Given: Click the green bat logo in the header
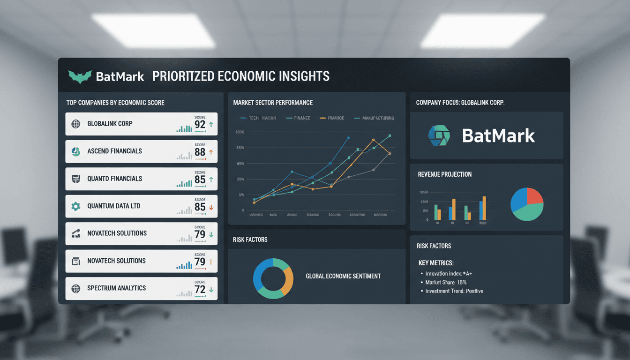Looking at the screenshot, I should tap(80, 76).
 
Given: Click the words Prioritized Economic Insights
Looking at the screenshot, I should tap(241, 76).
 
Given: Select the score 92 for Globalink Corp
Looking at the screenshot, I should tap(200, 125).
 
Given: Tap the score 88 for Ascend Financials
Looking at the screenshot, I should tap(200, 152).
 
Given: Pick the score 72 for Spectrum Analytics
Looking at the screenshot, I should tap(200, 289).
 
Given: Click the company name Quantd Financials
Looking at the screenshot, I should tap(115, 179).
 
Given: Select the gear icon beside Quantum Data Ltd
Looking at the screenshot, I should tap(75, 206).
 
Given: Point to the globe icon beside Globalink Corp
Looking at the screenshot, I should tap(75, 124).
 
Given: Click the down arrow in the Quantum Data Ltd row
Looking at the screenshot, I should tap(211, 207).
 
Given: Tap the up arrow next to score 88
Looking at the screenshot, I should tap(211, 152).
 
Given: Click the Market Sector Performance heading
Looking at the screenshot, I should tap(273, 103).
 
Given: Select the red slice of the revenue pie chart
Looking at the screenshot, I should tap(535, 196).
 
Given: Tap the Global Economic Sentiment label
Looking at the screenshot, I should tap(343, 277).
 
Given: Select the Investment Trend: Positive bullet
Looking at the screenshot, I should tap(454, 291).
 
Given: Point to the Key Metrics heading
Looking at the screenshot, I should tap(436, 263).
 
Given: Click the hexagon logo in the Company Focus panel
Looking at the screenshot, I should tap(439, 135).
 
